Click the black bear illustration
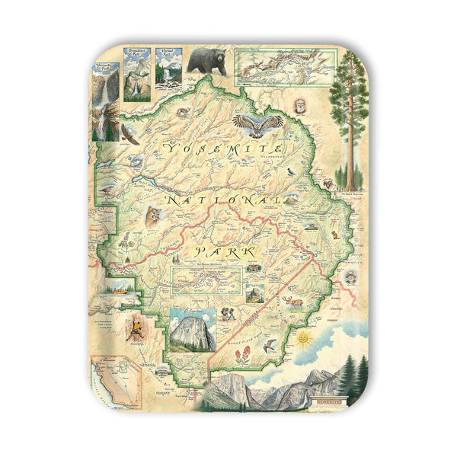(x=206, y=61)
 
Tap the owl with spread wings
(x=257, y=123)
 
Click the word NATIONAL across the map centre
(x=225, y=200)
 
